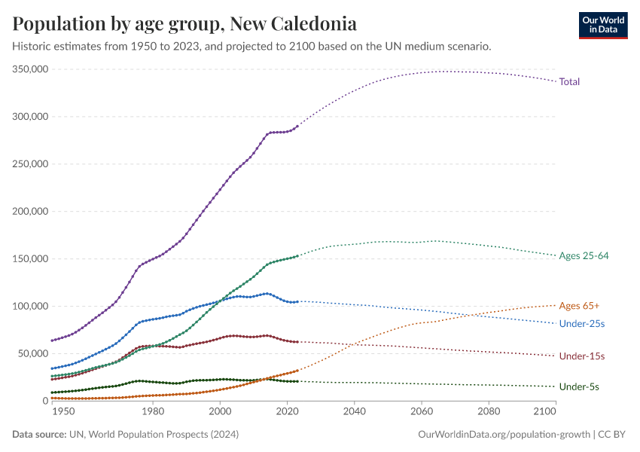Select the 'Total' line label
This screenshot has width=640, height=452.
(x=569, y=81)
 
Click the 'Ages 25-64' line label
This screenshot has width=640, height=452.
(x=584, y=256)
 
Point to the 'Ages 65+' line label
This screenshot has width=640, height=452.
(x=579, y=305)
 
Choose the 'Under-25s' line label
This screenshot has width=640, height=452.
(x=582, y=323)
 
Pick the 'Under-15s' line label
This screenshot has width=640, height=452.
(x=582, y=356)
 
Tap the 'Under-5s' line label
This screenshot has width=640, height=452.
(x=579, y=386)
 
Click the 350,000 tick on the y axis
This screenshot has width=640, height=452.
(x=31, y=69)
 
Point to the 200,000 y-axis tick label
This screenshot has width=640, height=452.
(x=31, y=211)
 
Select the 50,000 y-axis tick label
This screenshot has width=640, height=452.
(x=34, y=353)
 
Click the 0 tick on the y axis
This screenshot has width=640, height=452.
(x=45, y=401)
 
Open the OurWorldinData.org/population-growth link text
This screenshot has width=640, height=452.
(x=502, y=435)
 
